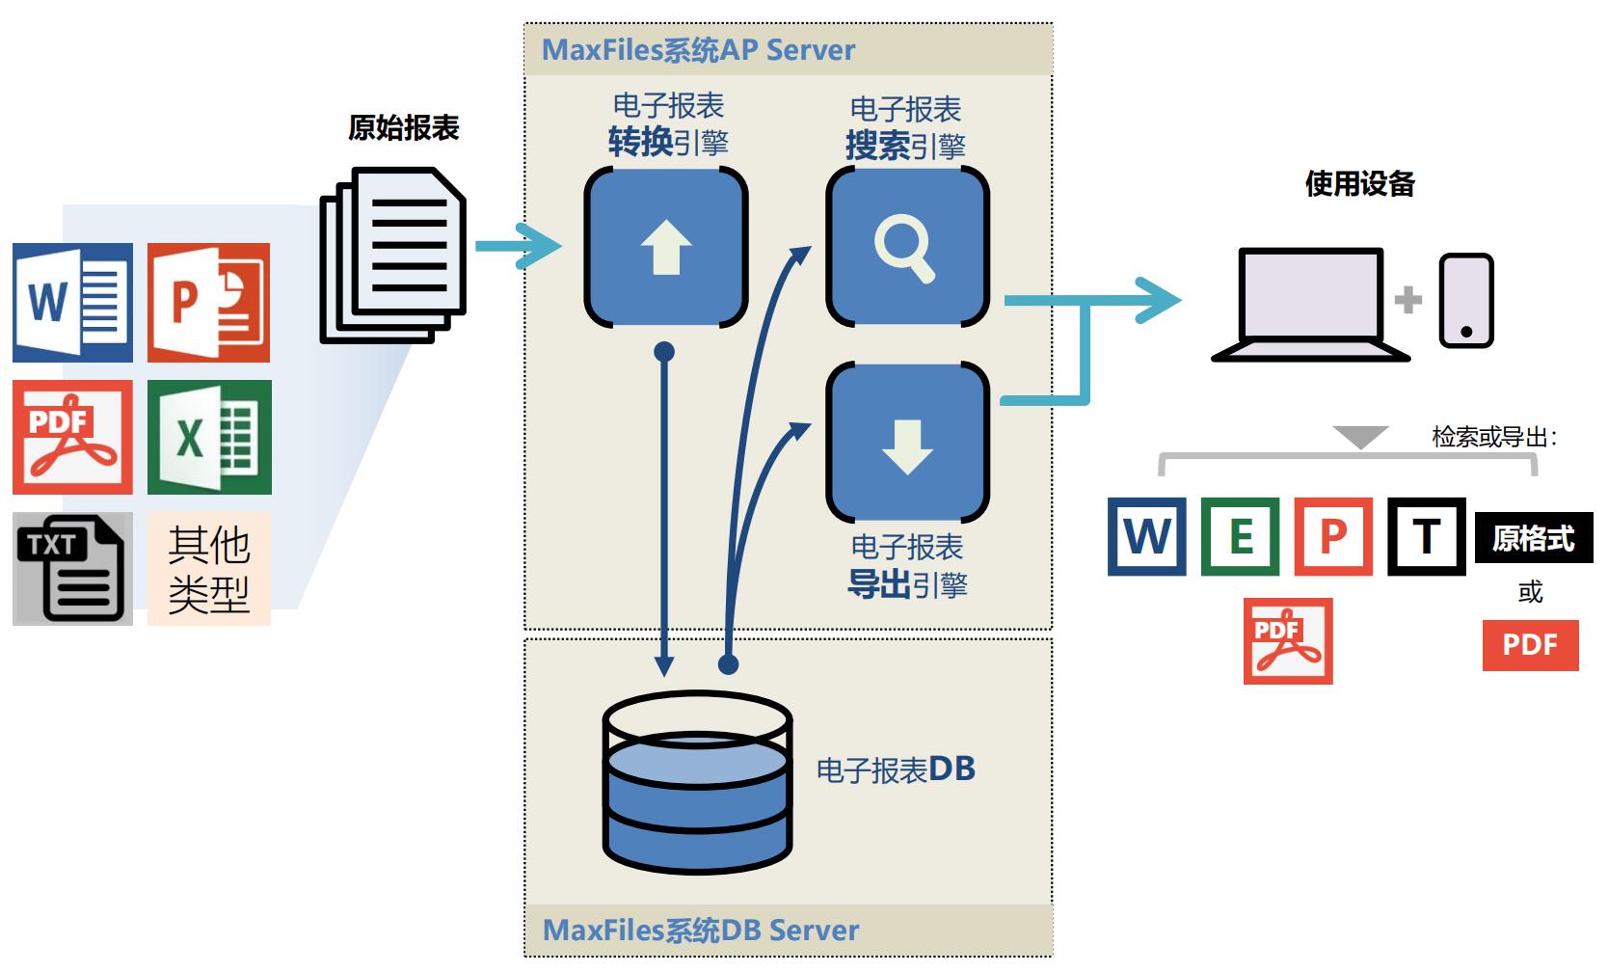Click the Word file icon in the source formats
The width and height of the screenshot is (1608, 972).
(72, 302)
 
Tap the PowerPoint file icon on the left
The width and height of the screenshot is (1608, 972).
(209, 302)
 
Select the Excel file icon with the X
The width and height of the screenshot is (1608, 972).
(209, 437)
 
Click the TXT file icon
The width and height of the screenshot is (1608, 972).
(72, 569)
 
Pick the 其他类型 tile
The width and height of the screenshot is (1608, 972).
(209, 569)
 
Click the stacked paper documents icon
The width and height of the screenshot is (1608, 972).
(392, 256)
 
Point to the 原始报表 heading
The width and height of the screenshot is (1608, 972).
(403, 128)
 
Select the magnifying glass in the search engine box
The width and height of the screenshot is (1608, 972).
(904, 250)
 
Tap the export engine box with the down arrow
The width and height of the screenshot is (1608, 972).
(908, 443)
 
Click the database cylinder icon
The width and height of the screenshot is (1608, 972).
(698, 782)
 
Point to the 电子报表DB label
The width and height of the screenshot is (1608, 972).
(896, 769)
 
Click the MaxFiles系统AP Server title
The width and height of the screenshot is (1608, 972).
(699, 50)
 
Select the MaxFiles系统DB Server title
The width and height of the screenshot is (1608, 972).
(701, 931)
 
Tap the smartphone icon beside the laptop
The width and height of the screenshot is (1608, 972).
(1466, 301)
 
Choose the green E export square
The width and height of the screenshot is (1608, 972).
(1240, 536)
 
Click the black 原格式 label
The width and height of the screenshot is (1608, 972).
(1534, 538)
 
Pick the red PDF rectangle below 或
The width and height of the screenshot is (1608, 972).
(1531, 645)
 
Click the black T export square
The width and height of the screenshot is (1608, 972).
(1427, 536)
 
